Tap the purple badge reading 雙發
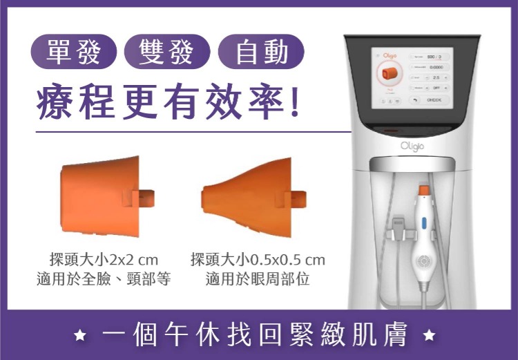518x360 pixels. click(x=166, y=52)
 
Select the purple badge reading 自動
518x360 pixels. click(x=260, y=52)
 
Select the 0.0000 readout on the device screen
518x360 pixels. click(x=437, y=67)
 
